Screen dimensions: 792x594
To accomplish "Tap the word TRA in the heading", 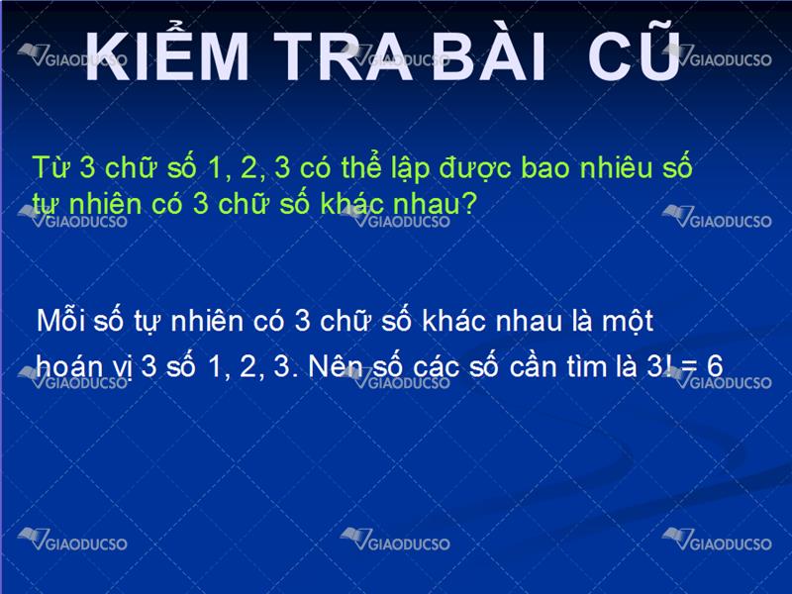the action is (344, 55).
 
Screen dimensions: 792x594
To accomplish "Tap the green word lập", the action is (410, 169).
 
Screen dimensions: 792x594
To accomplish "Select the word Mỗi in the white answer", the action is (60, 319).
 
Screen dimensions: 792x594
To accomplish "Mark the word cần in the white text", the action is (533, 365).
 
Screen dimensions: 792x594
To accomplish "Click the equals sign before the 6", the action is (689, 366).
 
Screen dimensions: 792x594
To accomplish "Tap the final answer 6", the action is (715, 365).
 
